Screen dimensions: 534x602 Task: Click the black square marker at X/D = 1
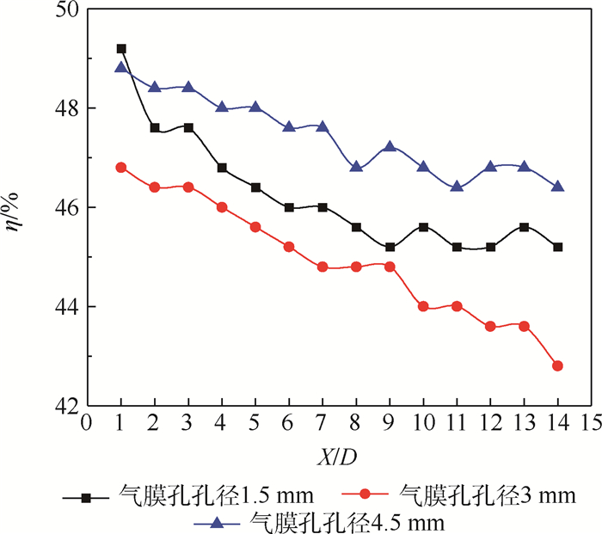(x=121, y=49)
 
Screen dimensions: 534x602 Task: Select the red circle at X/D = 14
(x=558, y=365)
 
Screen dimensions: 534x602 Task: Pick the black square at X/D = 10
(x=423, y=227)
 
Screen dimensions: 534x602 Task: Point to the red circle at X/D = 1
(x=121, y=168)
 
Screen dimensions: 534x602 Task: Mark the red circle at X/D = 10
(x=423, y=306)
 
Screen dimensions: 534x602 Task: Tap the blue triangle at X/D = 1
(x=121, y=68)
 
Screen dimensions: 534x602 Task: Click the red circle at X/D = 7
(x=322, y=267)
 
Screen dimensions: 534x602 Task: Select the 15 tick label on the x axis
(x=591, y=424)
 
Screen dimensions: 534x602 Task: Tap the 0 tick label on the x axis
(x=87, y=424)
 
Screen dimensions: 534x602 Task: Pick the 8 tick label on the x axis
(x=356, y=424)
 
